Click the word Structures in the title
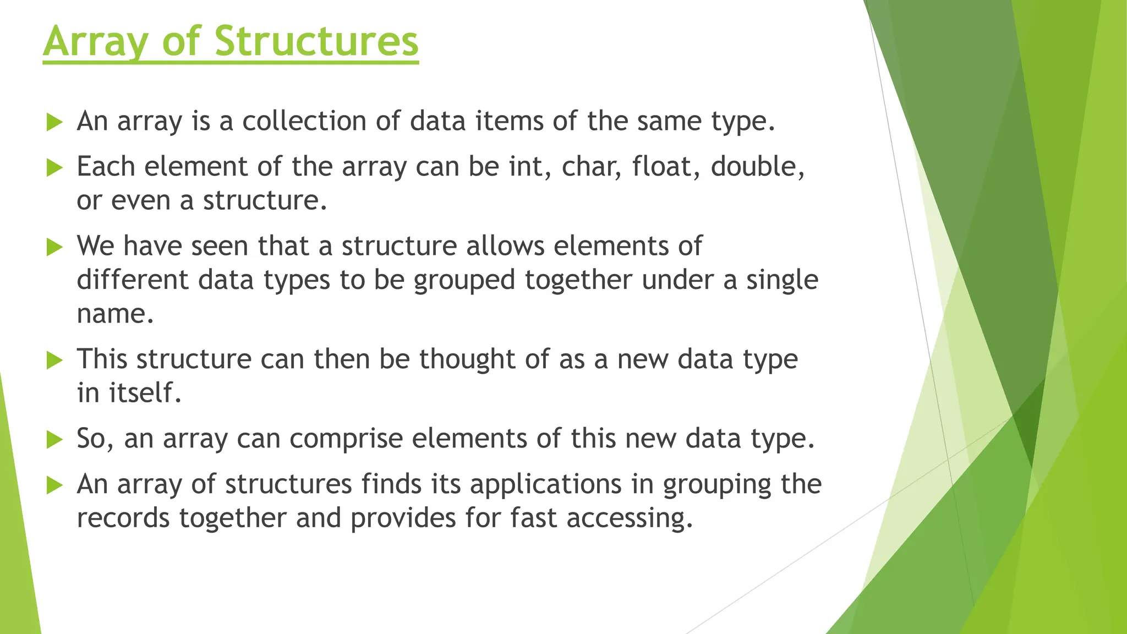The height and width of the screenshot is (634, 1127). (x=316, y=41)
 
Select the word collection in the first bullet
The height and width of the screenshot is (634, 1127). (x=304, y=121)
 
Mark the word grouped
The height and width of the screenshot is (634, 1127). (x=464, y=281)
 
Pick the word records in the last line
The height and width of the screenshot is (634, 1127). (x=123, y=518)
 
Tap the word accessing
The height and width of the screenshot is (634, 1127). (x=629, y=518)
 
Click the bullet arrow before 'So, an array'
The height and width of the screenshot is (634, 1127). (x=54, y=440)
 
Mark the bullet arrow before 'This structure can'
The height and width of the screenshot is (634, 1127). (x=54, y=360)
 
